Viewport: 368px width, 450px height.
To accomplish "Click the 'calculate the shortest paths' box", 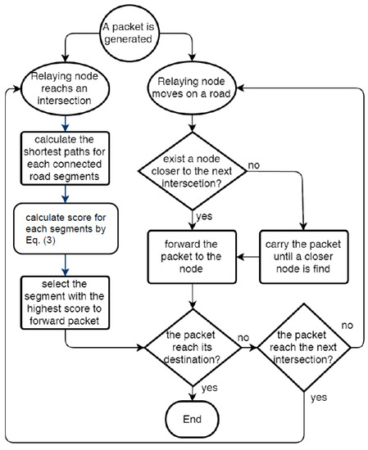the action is [65, 158].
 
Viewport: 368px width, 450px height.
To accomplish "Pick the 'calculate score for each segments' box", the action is [66, 228].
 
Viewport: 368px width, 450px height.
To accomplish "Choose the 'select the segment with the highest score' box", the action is [65, 303].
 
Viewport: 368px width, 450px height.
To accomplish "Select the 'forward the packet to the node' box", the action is [192, 257].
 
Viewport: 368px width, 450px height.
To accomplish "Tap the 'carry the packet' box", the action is [303, 257].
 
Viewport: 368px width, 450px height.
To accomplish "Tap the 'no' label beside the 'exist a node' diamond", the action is [253, 165].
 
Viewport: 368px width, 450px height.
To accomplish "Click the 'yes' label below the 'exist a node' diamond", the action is [204, 216].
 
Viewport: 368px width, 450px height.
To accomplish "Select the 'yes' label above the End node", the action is [209, 388].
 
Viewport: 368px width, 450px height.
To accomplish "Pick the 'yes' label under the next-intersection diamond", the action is [319, 398].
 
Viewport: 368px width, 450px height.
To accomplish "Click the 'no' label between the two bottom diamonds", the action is [243, 338].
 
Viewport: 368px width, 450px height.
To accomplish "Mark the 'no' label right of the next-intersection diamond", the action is [347, 326].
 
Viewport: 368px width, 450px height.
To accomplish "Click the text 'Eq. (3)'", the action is [40, 240].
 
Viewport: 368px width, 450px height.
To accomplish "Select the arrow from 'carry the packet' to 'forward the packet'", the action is [248, 257].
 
